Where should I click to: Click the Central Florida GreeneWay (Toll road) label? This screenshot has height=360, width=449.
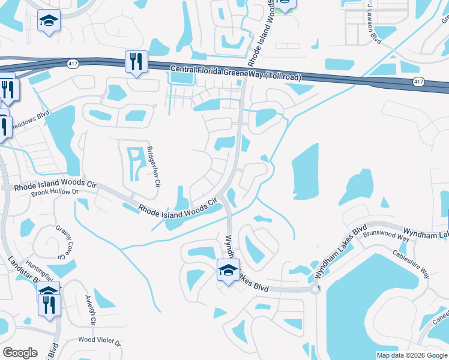pyautogui.click(x=235, y=73)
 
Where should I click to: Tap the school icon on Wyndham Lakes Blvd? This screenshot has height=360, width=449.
pyautogui.click(x=228, y=271)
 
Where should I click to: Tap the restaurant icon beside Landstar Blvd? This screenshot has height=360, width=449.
pyautogui.click(x=49, y=304)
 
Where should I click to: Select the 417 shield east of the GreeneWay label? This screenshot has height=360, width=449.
pyautogui.click(x=418, y=81)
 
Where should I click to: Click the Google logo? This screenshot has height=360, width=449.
pyautogui.click(x=20, y=353)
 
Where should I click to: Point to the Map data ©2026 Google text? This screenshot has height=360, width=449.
pyautogui.click(x=411, y=355)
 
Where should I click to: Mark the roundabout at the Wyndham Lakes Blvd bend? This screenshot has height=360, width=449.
pyautogui.click(x=315, y=289)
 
